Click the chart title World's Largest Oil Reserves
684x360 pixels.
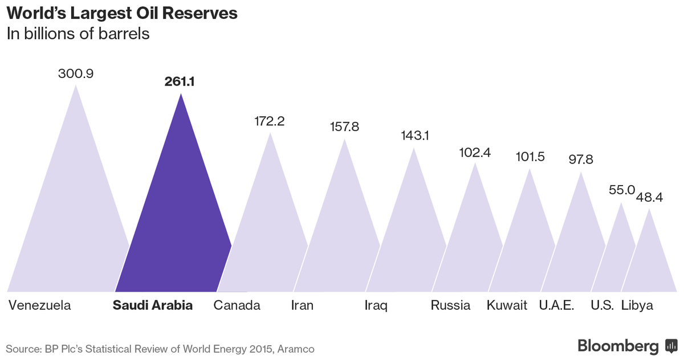(x=122, y=14)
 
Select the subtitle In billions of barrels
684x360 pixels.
(x=78, y=34)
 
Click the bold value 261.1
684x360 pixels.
(x=180, y=82)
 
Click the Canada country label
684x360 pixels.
(x=237, y=305)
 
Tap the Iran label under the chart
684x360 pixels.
(x=302, y=305)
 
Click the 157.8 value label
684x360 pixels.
(x=344, y=126)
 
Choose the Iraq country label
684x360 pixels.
(x=376, y=305)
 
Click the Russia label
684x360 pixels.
(x=450, y=305)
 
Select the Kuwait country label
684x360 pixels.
(x=507, y=305)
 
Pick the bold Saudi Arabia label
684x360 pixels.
(x=153, y=305)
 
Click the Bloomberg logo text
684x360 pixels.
(x=618, y=346)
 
